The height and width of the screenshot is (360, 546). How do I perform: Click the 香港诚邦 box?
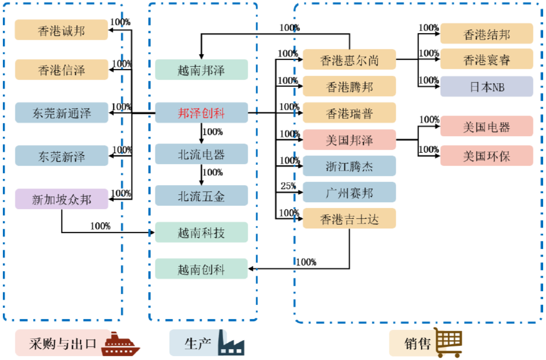coord(61,30)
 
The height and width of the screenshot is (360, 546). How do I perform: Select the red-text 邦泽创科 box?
coord(202,113)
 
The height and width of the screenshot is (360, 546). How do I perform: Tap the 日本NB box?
coord(487,87)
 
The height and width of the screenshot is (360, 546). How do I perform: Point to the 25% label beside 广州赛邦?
coord(288,186)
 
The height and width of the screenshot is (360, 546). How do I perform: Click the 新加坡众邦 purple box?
coord(61,199)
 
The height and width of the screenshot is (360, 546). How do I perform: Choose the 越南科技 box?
coord(202,232)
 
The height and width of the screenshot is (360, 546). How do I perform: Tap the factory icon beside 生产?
coord(231,343)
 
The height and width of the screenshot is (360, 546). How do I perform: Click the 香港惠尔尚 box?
coord(349,60)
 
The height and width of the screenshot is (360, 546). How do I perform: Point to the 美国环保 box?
coord(487,156)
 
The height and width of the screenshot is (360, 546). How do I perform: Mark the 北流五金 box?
coord(202,196)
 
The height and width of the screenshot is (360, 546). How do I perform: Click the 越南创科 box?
coord(202,269)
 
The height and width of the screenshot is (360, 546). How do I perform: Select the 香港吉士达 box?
coord(349,219)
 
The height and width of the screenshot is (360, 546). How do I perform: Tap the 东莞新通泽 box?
coord(61,113)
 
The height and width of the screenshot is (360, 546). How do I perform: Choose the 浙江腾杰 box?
coord(349,166)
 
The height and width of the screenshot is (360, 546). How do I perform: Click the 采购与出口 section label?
coord(63,343)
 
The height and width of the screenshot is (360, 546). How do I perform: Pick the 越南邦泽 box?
coord(202,70)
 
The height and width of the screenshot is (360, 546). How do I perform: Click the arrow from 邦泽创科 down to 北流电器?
coord(202,133)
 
